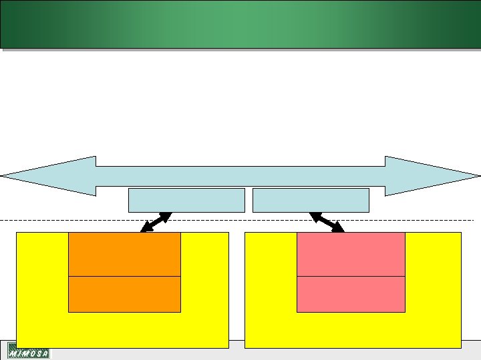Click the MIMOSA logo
[x=29, y=351]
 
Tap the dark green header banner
[x=240, y=24]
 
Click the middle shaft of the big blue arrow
[x=240, y=176]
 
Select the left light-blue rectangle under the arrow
[x=186, y=200]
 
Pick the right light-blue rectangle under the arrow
[x=311, y=200]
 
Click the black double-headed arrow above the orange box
[x=156, y=222]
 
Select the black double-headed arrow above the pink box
[x=327, y=222]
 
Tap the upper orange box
[x=124, y=254]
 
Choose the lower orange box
[x=124, y=294]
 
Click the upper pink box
[x=351, y=254]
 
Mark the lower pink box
[x=351, y=294]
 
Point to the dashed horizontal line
[x=67, y=219]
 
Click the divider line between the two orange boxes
[x=124, y=276]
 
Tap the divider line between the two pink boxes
[x=351, y=276]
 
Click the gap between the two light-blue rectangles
[x=249, y=200]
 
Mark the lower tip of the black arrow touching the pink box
[x=342, y=231]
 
